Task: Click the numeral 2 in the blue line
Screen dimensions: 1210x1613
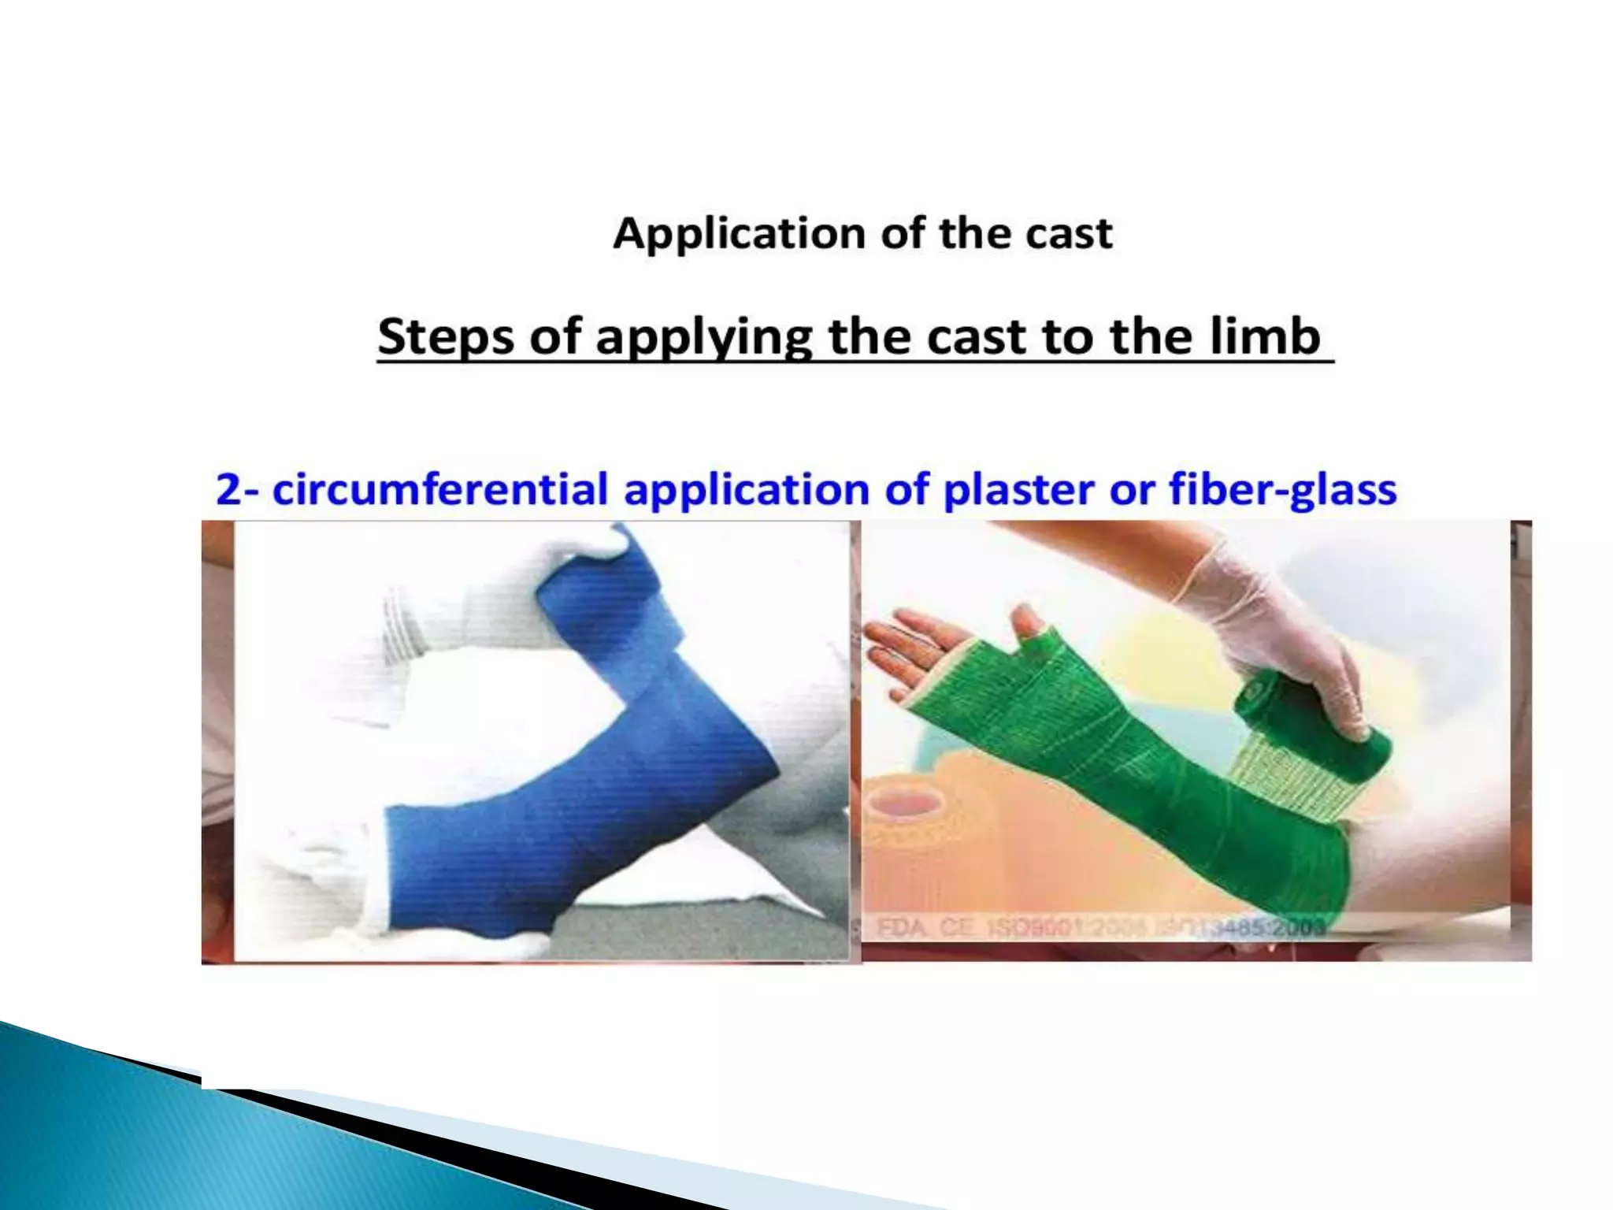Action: click(x=228, y=490)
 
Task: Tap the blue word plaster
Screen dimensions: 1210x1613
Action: click(x=1020, y=490)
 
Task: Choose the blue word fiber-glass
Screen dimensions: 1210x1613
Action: click(x=1282, y=490)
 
